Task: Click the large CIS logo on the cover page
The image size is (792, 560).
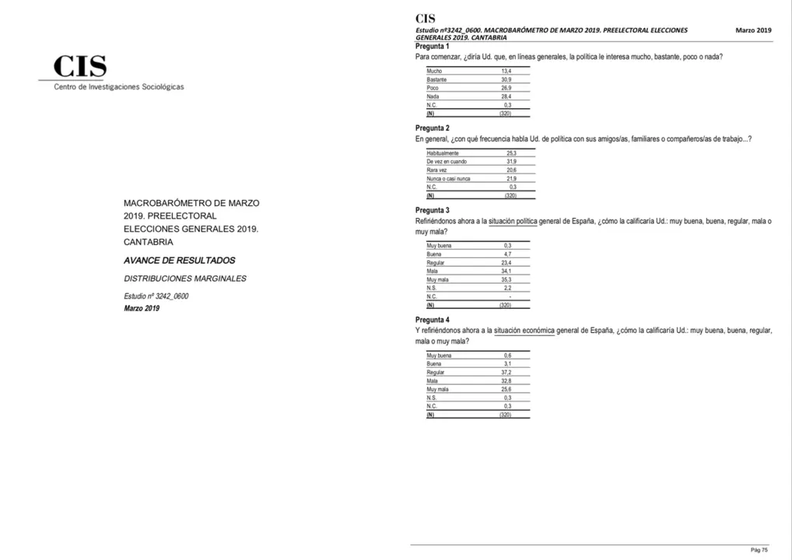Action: coord(80,68)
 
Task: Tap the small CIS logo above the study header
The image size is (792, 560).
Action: coord(426,19)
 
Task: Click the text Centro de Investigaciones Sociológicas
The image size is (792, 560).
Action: coord(119,87)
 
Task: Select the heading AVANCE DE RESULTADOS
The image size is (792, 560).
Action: coord(179,261)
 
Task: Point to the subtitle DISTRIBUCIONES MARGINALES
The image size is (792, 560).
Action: coord(185,278)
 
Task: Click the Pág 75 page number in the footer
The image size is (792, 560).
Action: coord(759,550)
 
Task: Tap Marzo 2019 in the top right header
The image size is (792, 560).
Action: coord(753,30)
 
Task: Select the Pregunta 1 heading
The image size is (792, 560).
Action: coord(433,47)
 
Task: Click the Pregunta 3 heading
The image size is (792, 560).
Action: coord(433,211)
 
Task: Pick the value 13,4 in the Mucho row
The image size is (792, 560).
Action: coord(506,72)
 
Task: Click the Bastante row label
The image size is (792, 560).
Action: coord(436,80)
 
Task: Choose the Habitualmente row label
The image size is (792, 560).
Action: coord(443,154)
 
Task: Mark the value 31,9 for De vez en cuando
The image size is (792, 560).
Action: coord(511,162)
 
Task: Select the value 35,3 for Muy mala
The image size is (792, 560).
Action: coord(506,279)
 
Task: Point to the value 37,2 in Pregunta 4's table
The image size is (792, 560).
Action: coord(506,373)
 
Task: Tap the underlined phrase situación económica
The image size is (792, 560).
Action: coord(524,331)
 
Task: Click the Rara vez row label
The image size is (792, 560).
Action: coord(437,170)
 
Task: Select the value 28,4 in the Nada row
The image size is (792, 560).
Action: coord(506,96)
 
